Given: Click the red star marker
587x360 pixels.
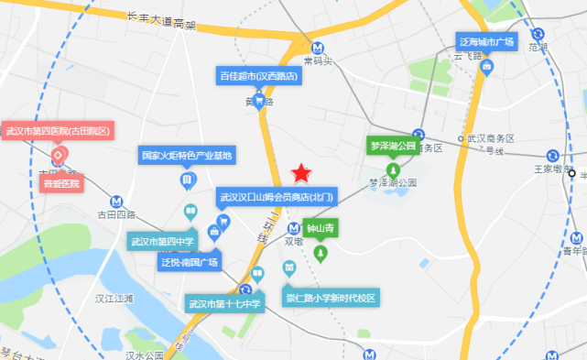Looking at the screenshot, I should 300,173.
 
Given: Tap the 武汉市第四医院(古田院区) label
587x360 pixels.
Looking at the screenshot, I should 58,131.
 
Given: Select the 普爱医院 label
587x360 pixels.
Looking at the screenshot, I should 61,183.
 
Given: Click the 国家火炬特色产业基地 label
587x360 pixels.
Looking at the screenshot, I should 188,155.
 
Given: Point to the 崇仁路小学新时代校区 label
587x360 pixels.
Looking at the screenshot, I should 330,299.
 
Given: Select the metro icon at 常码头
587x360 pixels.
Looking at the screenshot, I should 317,49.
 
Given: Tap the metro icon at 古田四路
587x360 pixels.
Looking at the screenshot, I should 116,201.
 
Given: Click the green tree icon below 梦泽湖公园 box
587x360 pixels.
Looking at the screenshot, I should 393,170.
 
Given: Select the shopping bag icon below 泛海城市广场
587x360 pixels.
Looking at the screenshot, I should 488,66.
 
